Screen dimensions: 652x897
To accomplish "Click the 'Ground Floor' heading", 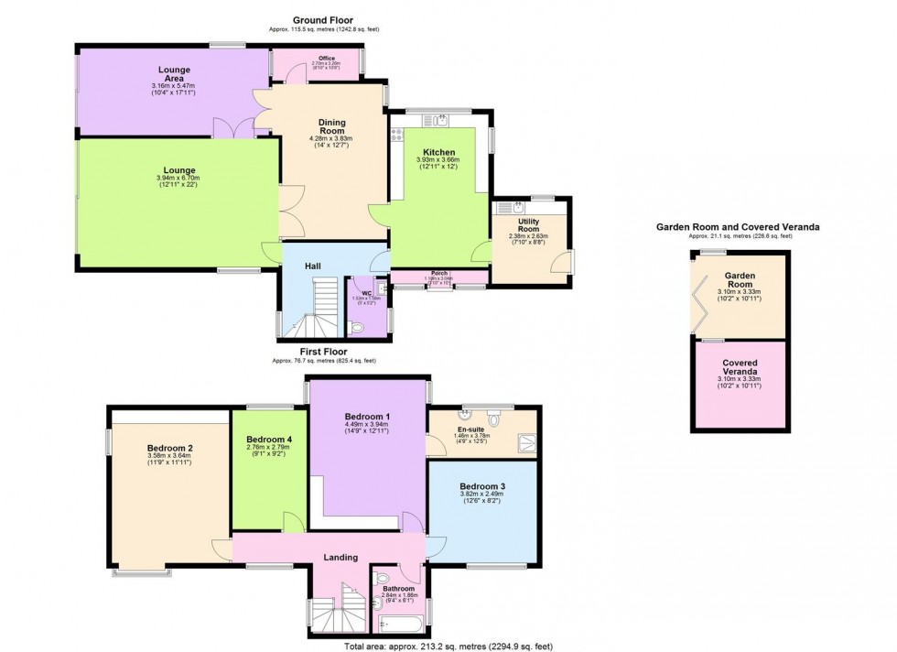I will [x=324, y=19].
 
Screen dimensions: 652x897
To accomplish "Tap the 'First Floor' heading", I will [x=324, y=351].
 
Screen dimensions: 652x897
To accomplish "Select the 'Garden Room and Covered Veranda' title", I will [x=737, y=226].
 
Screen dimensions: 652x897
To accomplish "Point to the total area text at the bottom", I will [x=448, y=646].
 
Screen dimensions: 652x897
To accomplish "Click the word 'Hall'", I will [x=313, y=266].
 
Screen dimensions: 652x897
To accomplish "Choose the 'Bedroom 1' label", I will [x=366, y=415].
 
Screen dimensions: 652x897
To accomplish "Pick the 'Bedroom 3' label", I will [x=481, y=485].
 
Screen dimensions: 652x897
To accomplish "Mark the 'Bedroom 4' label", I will [x=269, y=439].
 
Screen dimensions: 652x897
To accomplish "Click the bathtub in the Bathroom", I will [x=400, y=627].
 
